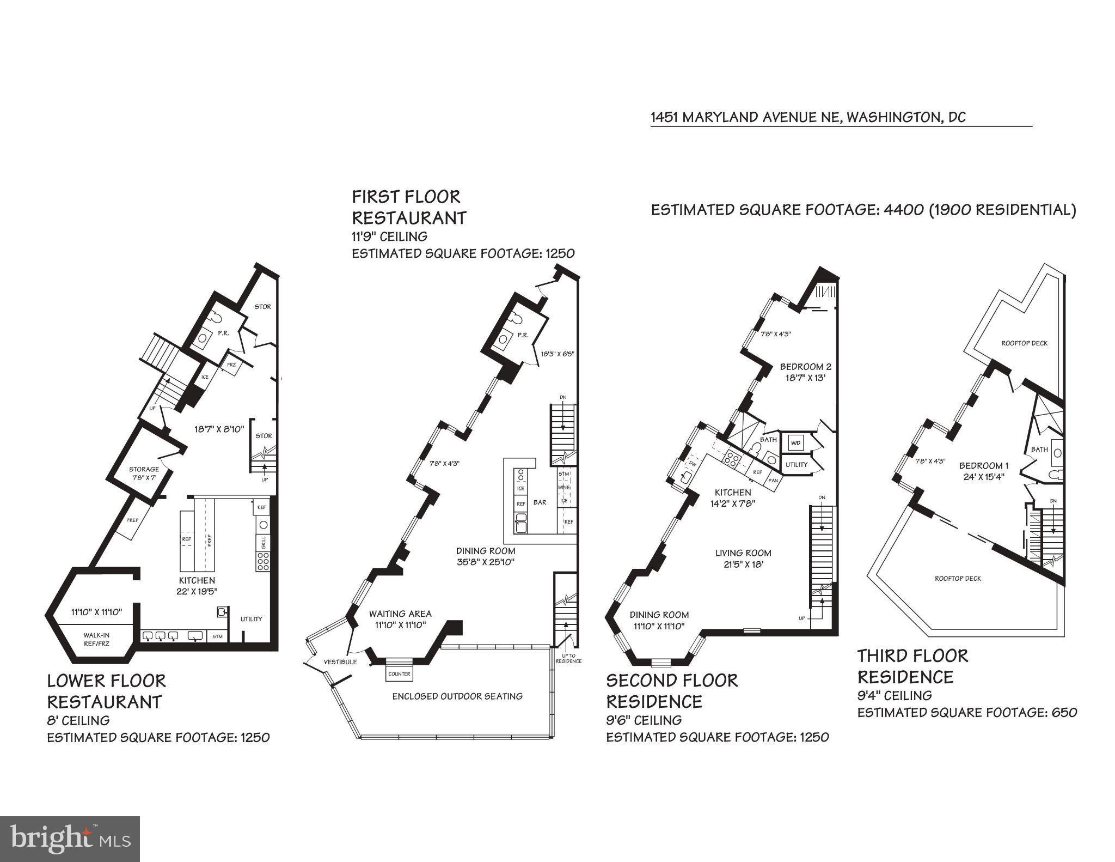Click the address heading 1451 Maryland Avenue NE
click(x=808, y=118)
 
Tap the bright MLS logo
click(x=70, y=839)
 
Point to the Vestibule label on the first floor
click(x=340, y=662)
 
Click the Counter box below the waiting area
click(x=399, y=674)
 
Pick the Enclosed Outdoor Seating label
click(x=457, y=696)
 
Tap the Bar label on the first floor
click(x=540, y=502)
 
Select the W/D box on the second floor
click(x=795, y=443)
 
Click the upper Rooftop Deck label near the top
click(x=1024, y=343)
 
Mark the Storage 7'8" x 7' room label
click(x=144, y=473)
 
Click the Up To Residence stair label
click(x=568, y=658)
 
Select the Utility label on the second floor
click(x=797, y=465)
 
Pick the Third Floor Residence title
click(x=912, y=666)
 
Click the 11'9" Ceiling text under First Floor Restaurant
click(x=389, y=236)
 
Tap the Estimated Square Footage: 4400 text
click(x=787, y=210)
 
